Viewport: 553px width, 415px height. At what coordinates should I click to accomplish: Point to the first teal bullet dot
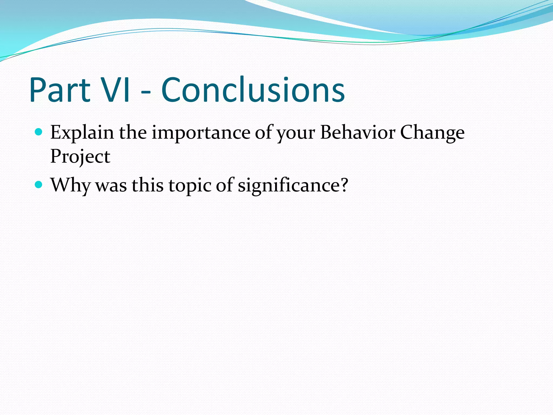(39, 132)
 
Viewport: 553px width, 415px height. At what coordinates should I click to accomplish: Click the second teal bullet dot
(39, 185)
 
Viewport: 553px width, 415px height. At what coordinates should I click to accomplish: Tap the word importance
(201, 133)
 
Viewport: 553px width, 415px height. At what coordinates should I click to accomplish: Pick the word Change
(432, 133)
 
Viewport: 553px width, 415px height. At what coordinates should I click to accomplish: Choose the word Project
(80, 157)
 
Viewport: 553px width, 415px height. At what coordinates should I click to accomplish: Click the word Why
(70, 186)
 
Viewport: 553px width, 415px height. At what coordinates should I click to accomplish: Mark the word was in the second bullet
(111, 186)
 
